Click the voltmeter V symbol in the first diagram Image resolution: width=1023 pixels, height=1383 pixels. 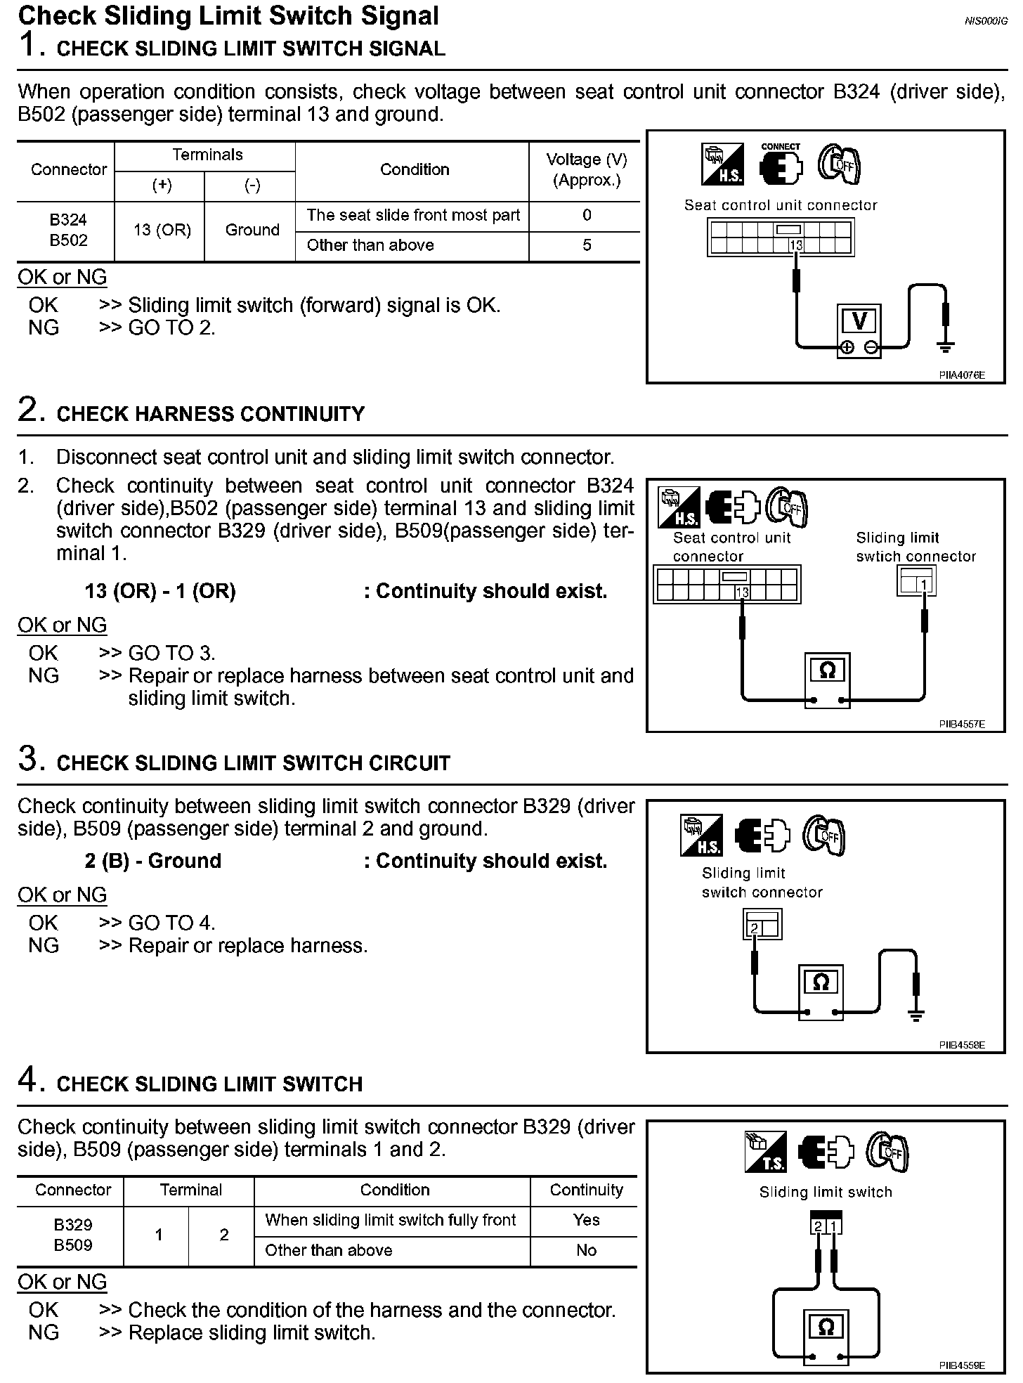(859, 321)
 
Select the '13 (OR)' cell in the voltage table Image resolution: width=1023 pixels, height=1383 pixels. (162, 230)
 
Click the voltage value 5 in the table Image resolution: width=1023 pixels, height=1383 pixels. (587, 245)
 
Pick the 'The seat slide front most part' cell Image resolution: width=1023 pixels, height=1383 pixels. (413, 216)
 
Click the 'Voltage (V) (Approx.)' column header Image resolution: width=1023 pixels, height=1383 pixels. (587, 170)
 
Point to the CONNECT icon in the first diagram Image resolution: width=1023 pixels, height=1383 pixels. (781, 165)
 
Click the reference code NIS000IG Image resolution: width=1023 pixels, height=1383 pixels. (986, 21)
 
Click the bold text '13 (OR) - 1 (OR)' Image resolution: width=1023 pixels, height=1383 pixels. (160, 592)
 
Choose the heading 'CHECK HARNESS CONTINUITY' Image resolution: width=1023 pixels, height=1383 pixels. (211, 414)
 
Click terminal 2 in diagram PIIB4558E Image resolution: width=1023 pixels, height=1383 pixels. (755, 928)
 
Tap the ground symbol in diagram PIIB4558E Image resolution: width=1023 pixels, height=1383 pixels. (916, 1014)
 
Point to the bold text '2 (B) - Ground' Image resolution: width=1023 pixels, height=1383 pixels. (153, 861)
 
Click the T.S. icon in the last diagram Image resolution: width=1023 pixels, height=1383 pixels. (765, 1152)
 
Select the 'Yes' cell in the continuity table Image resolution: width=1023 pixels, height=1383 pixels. (586, 1220)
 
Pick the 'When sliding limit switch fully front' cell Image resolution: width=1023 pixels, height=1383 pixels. (391, 1220)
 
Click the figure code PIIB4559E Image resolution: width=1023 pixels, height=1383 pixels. (962, 1365)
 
